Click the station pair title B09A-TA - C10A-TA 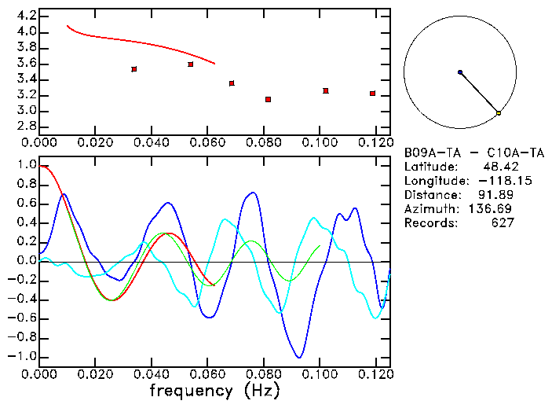point(474,153)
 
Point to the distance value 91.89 point(498,195)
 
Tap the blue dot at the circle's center point(460,72)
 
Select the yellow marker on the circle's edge point(499,113)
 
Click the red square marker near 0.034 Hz point(134,69)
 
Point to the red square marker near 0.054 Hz point(191,64)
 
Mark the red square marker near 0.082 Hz point(269,100)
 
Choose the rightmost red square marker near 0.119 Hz point(373,94)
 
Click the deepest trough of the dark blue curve point(298,357)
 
